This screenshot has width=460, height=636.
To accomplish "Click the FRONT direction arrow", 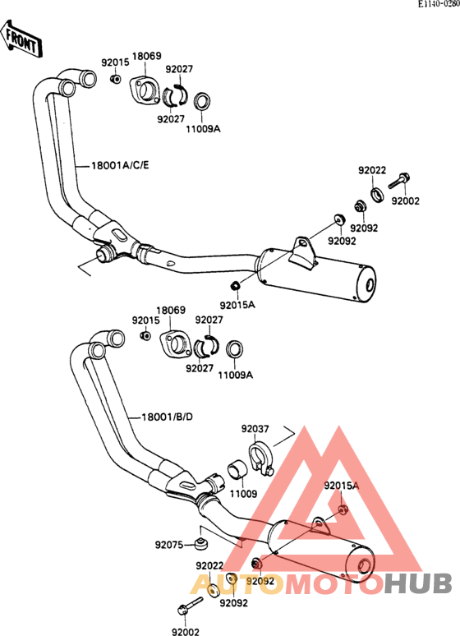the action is [21, 39].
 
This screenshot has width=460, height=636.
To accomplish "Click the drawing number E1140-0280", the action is [439, 4].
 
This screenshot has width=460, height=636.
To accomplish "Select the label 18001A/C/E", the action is [120, 165].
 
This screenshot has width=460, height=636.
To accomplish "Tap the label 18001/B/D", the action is [167, 417].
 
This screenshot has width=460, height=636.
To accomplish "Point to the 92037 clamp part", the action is [261, 459].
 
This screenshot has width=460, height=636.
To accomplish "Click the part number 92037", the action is [255, 429].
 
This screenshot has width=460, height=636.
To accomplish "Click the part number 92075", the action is [168, 545].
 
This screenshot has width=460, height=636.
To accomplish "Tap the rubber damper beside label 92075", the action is [199, 543].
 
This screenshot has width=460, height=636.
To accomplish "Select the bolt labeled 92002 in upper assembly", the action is [399, 181].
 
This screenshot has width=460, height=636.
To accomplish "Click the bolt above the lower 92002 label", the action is [190, 606].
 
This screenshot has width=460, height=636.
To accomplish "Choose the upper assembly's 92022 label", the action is [372, 170].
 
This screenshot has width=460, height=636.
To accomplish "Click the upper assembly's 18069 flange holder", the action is [144, 90].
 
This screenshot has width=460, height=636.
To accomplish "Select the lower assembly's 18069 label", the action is [171, 311].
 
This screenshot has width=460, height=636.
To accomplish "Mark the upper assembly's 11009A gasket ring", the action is [201, 101].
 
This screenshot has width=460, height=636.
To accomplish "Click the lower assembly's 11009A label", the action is [235, 376].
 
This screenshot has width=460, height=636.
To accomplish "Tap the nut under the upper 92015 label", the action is [115, 79].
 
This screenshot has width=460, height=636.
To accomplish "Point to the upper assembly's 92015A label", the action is [237, 305].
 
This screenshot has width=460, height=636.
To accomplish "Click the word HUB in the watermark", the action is [418, 584].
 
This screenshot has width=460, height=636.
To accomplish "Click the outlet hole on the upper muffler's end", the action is [370, 285].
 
